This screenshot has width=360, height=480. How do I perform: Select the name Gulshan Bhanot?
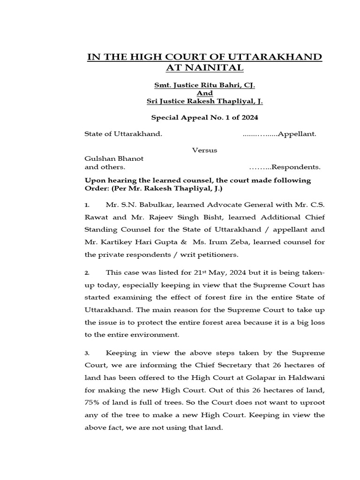point(114,158)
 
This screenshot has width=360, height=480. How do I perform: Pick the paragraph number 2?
point(87,273)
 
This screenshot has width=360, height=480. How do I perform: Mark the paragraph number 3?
point(87,353)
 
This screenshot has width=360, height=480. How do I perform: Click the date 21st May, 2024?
point(217,272)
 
